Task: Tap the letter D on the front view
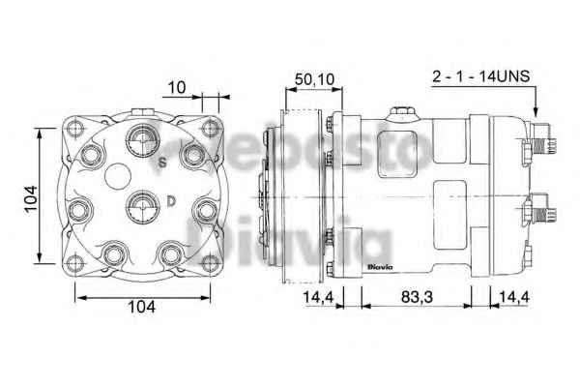(x=170, y=201)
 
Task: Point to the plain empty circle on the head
(x=117, y=175)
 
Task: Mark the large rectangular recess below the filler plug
(x=403, y=154)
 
